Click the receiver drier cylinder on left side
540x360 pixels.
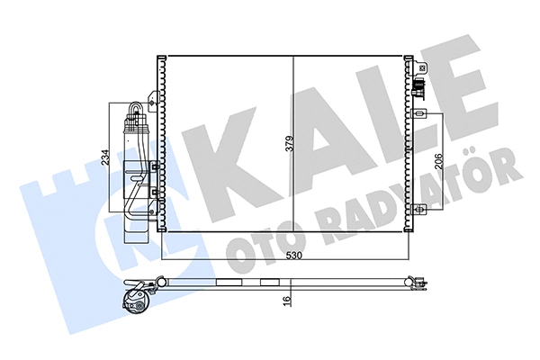[x=134, y=171]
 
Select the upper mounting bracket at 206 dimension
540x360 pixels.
[x=420, y=114]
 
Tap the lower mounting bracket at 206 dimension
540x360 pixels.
[x=420, y=210]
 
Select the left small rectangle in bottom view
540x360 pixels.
[x=227, y=282]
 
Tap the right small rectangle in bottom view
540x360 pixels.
[x=268, y=282]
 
